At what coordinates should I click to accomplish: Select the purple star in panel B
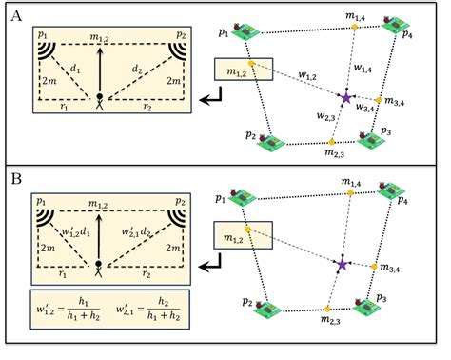tap(342, 263)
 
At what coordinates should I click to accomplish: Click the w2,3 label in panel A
tap(324, 117)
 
